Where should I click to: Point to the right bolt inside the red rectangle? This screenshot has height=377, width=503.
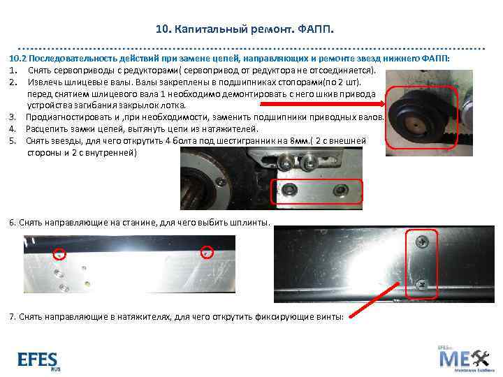pos(340,190)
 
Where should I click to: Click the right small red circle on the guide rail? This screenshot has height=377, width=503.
pos(207,253)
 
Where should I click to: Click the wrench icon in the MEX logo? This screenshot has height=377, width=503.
pos(481,357)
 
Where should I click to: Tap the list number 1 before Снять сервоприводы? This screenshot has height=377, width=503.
pos(13,71)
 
